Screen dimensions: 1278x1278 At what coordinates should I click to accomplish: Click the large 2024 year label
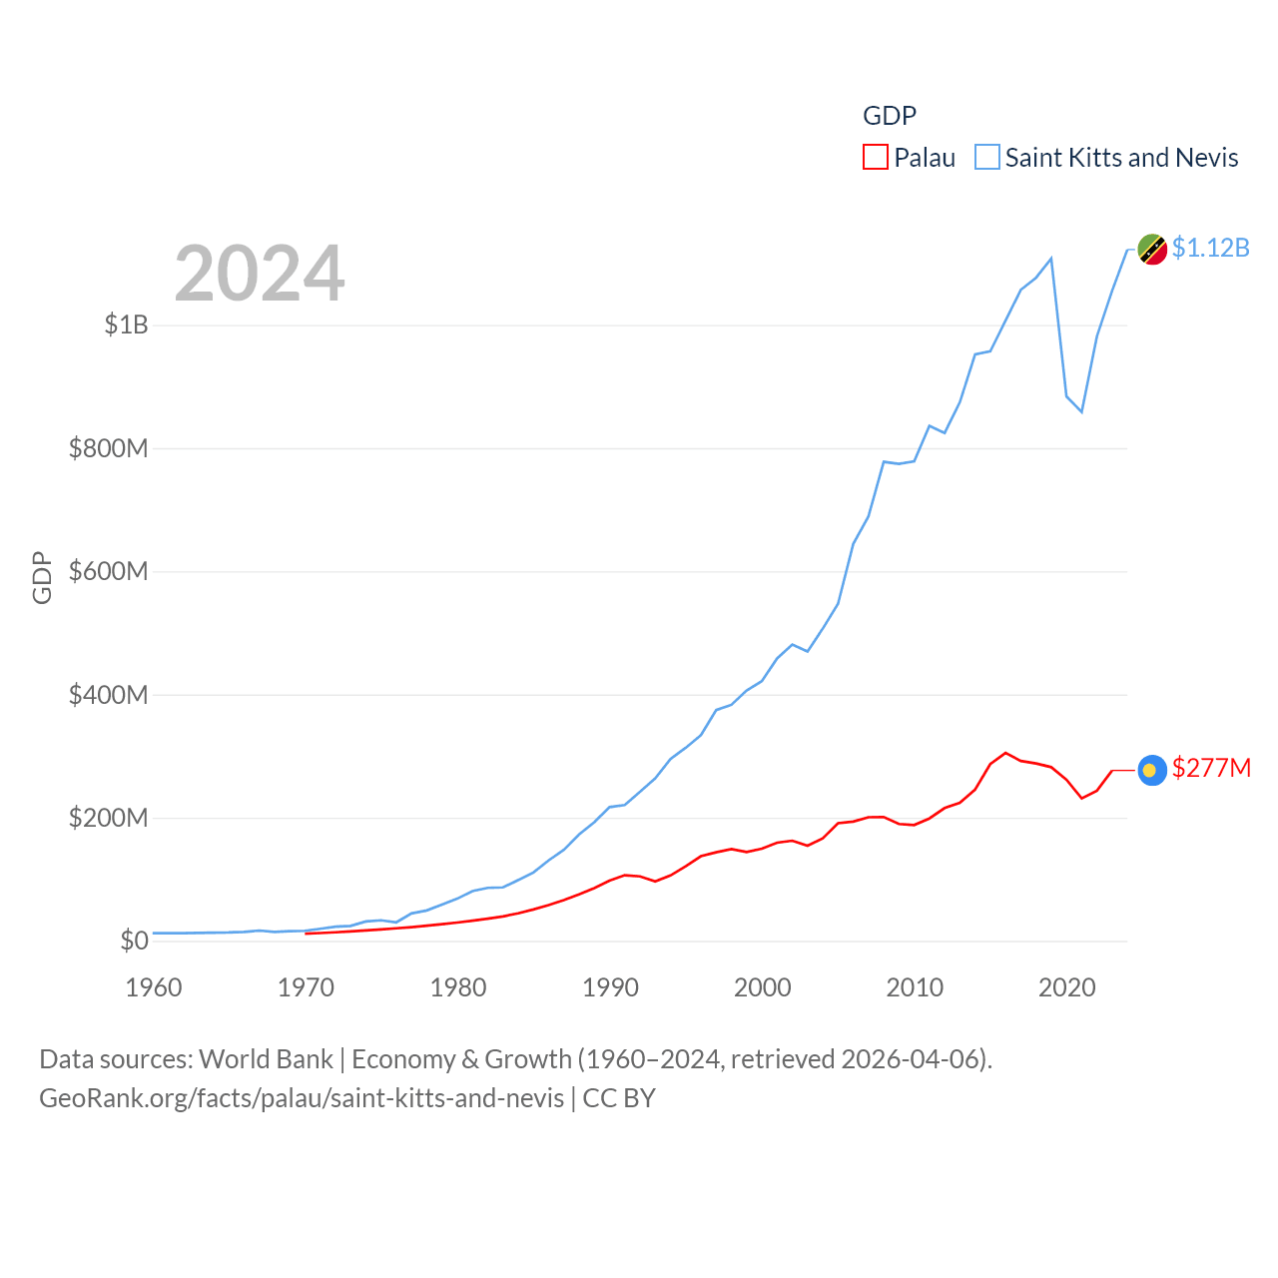pos(260,274)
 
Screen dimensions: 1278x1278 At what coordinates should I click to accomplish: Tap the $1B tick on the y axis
pos(127,324)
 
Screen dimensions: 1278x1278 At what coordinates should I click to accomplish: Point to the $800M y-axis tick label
pos(109,448)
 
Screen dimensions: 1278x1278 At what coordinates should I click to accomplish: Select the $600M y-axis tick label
pos(109,571)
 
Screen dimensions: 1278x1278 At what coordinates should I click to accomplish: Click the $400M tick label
pos(109,695)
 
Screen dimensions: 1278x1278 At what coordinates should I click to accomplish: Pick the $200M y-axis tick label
pos(109,818)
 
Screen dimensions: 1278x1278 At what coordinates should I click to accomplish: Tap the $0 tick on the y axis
pos(134,941)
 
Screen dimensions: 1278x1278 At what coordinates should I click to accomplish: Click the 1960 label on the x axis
pos(154,987)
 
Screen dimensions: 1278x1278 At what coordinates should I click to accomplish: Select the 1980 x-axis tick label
pos(458,987)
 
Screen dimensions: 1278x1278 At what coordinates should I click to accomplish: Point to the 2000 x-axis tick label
pos(763,987)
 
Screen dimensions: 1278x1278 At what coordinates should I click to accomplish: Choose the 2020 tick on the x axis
pos(1067,987)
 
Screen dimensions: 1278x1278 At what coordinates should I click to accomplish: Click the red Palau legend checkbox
pos(876,158)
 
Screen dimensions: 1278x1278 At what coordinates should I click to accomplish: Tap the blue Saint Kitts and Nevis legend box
pos(987,158)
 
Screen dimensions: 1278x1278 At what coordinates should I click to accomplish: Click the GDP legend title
pos(890,116)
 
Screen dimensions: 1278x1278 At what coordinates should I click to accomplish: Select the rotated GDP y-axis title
pos(42,577)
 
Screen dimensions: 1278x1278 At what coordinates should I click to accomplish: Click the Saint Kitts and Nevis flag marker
pos(1152,250)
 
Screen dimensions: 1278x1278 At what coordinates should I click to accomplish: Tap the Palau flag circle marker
pos(1152,770)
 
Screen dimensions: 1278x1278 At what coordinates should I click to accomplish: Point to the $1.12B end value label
pos(1211,248)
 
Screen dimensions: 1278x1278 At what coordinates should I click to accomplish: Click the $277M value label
pos(1211,768)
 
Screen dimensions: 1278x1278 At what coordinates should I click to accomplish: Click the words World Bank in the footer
pos(266,1059)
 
